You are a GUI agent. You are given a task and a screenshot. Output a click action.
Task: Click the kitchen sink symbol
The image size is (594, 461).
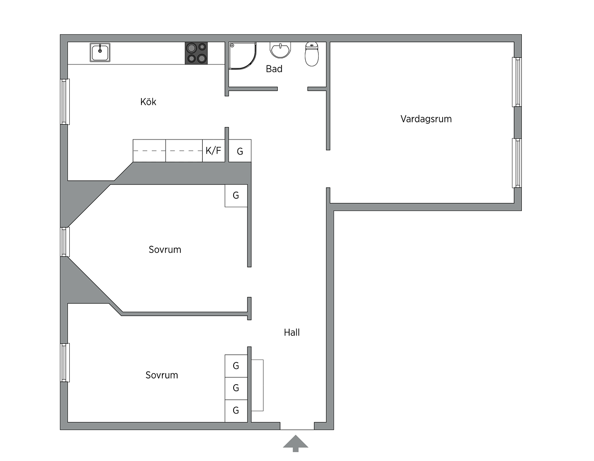[100, 52]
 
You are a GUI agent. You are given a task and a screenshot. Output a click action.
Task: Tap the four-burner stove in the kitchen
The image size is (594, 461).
[196, 53]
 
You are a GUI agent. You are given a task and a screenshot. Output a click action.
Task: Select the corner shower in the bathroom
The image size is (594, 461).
[242, 55]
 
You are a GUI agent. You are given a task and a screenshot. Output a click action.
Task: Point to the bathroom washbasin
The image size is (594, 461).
[280, 50]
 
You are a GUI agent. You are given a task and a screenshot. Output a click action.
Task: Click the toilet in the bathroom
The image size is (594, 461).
[311, 54]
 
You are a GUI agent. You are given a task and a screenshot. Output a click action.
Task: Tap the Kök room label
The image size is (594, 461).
[148, 102]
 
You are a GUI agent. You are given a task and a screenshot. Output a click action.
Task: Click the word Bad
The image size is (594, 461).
[274, 69]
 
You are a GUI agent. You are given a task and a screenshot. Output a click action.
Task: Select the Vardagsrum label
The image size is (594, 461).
[426, 119]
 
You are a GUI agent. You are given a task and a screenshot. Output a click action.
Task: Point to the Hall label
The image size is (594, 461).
[292, 332]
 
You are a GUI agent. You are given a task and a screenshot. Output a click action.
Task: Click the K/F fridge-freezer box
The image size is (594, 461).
[214, 151]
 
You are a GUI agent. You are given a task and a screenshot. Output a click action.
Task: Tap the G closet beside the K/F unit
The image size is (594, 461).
[240, 151]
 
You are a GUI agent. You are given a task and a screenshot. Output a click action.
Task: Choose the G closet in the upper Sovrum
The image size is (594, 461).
[236, 195]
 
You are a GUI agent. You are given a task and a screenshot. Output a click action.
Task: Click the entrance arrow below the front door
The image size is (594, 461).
[295, 443]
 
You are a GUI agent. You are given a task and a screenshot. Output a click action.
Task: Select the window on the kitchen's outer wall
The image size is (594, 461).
[65, 102]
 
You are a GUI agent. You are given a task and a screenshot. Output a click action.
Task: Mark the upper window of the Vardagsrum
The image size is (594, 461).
[517, 82]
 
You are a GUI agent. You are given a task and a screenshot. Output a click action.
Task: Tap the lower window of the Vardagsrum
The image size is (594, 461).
[517, 163]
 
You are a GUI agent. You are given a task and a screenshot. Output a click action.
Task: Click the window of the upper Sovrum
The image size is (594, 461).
[65, 242]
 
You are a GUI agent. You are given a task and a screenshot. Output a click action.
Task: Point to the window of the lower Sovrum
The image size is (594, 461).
[65, 362]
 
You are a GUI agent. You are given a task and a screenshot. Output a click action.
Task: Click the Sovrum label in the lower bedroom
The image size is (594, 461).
[162, 375]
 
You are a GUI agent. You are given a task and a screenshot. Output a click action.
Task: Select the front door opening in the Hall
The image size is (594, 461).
[297, 426]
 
